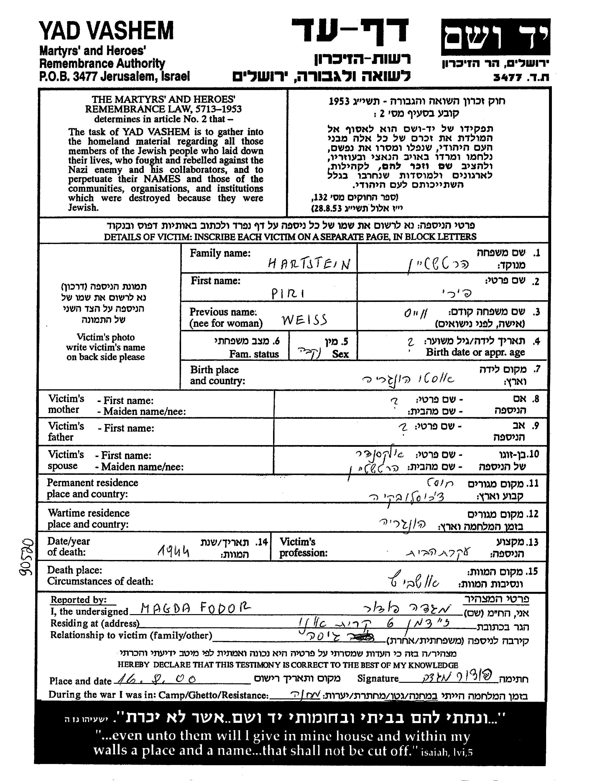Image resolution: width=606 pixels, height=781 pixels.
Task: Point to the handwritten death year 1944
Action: click(173, 553)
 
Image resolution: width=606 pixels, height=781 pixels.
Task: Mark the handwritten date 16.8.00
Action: click(157, 678)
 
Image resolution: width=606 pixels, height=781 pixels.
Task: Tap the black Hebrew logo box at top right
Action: click(496, 37)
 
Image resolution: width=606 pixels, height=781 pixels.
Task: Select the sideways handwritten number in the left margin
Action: click(26, 557)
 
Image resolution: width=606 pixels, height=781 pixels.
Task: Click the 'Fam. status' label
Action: click(254, 354)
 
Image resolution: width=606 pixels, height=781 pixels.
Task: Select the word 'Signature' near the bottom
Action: click(378, 678)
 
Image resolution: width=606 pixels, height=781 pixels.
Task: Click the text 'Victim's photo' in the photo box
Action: click(106, 337)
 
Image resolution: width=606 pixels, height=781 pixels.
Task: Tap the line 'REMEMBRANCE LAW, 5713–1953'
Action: click(163, 109)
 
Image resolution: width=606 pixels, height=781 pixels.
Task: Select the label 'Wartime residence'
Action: click(88, 513)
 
